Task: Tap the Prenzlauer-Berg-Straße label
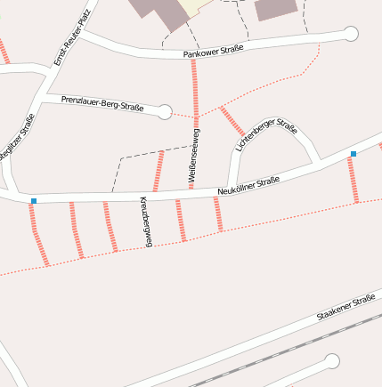[102, 103]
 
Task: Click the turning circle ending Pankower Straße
[350, 35]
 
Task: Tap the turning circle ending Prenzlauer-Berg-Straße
[165, 111]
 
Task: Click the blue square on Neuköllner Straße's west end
[34, 201]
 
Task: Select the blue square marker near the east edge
[354, 154]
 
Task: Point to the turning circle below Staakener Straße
[332, 361]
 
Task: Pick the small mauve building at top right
[276, 9]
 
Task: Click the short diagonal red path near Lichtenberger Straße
[232, 121]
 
